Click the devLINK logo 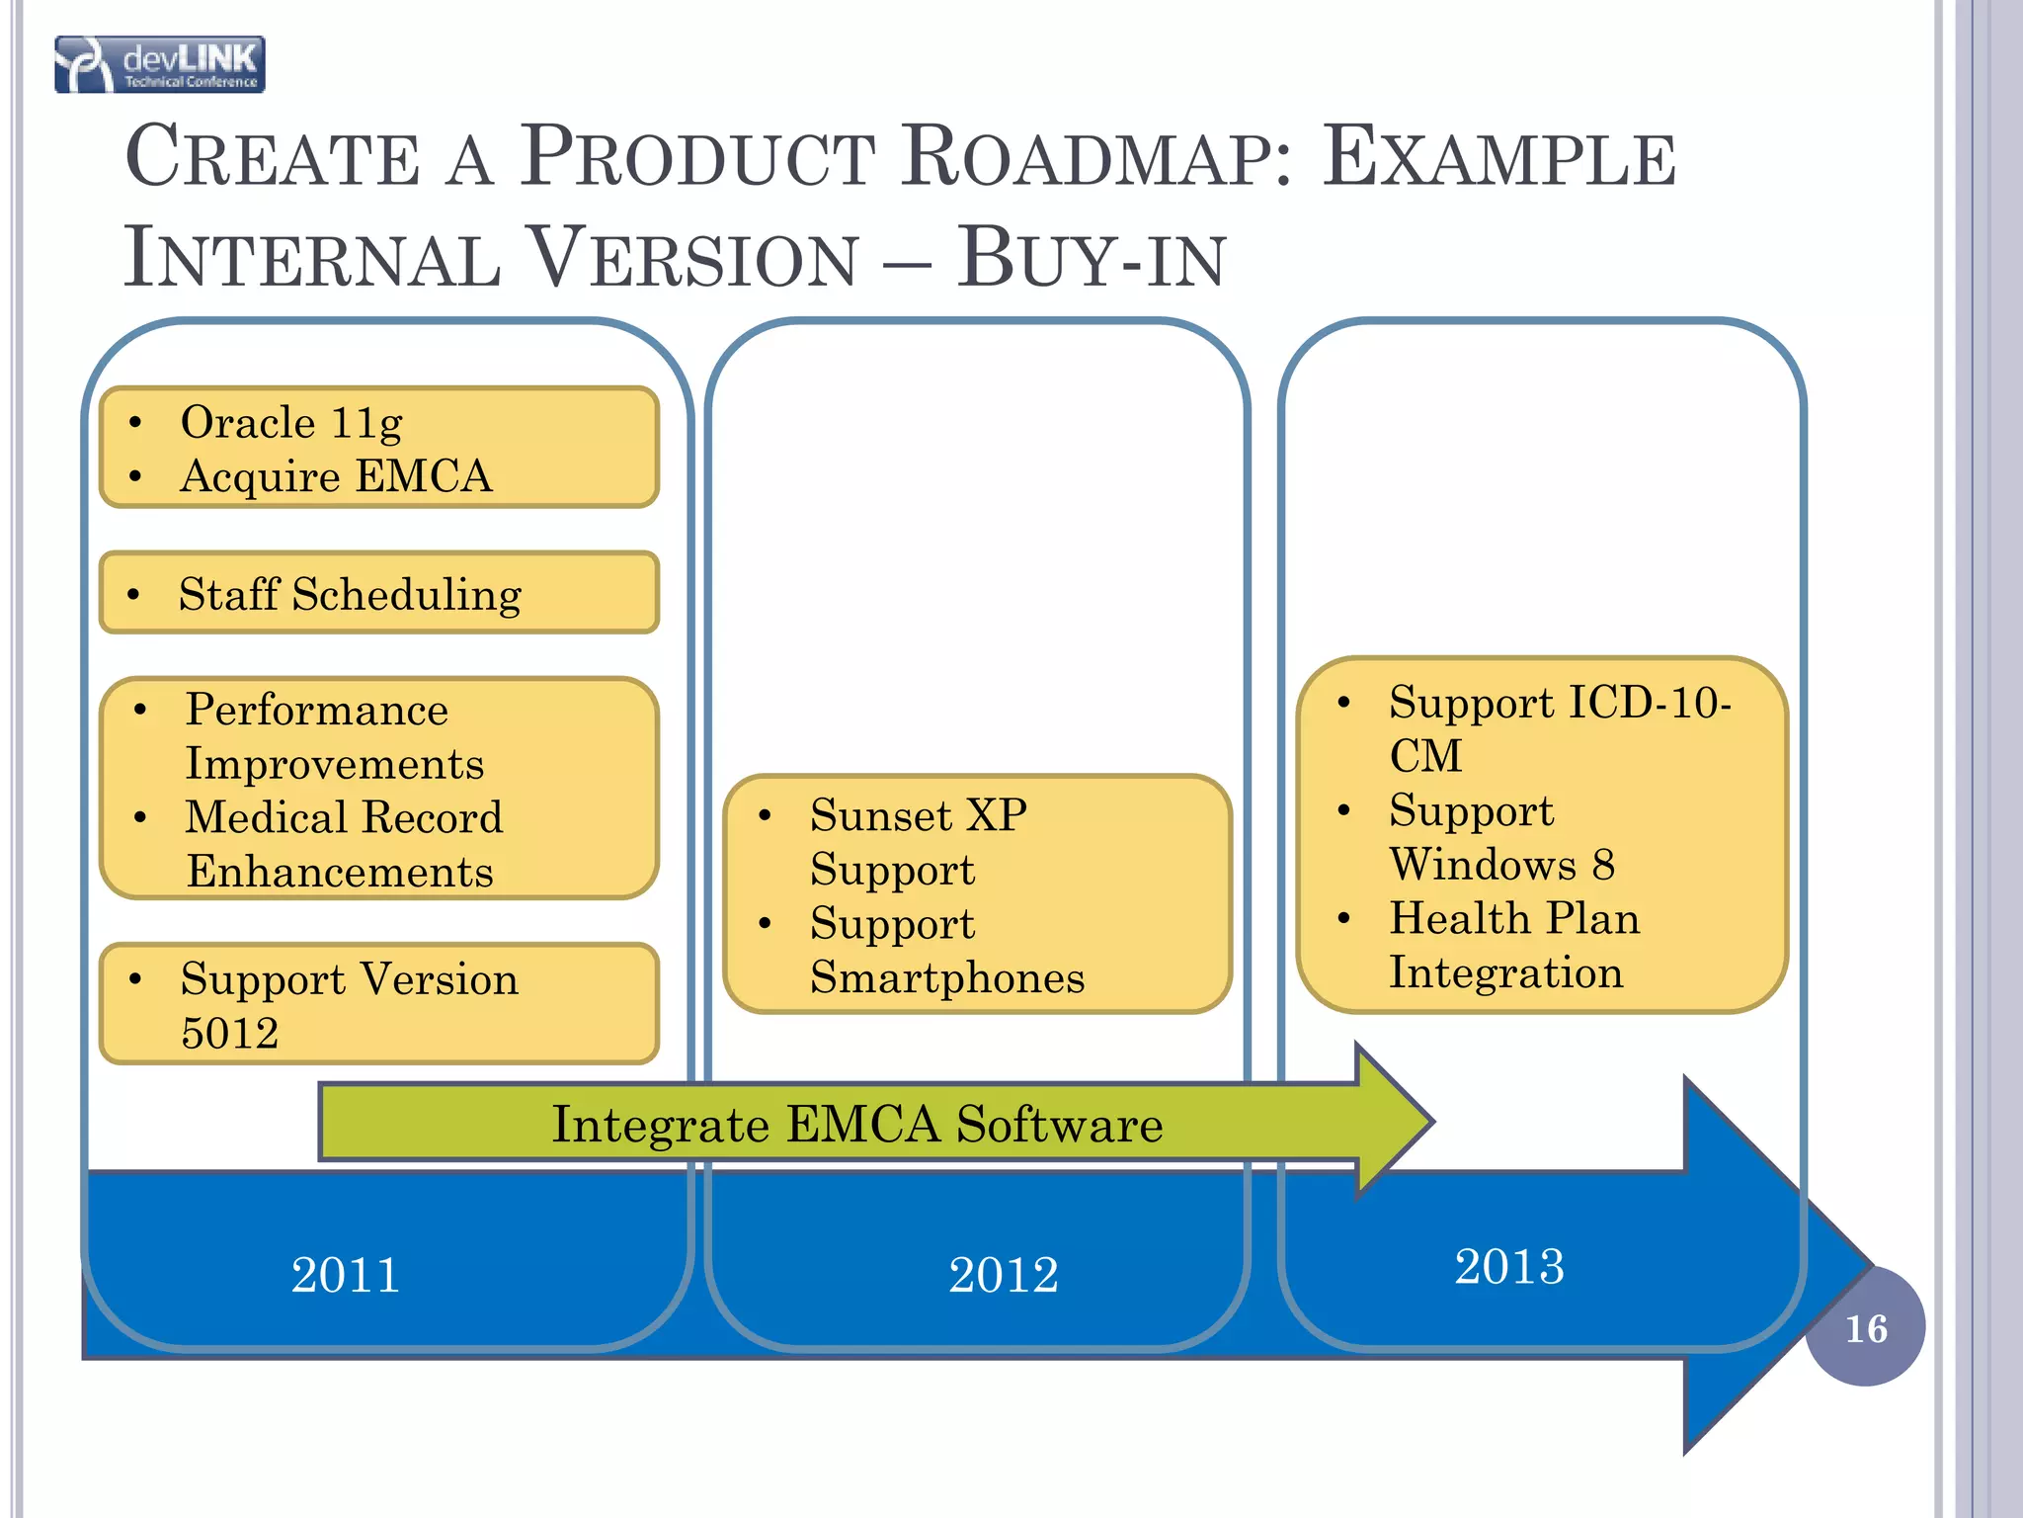tap(160, 65)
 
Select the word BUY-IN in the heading tap(1091, 258)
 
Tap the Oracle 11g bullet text tap(291, 423)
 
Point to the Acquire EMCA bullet tap(336, 476)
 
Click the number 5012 tap(230, 1034)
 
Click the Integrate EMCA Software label tap(856, 1125)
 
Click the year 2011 tap(346, 1275)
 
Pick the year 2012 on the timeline tap(1004, 1275)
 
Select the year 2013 tap(1509, 1267)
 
